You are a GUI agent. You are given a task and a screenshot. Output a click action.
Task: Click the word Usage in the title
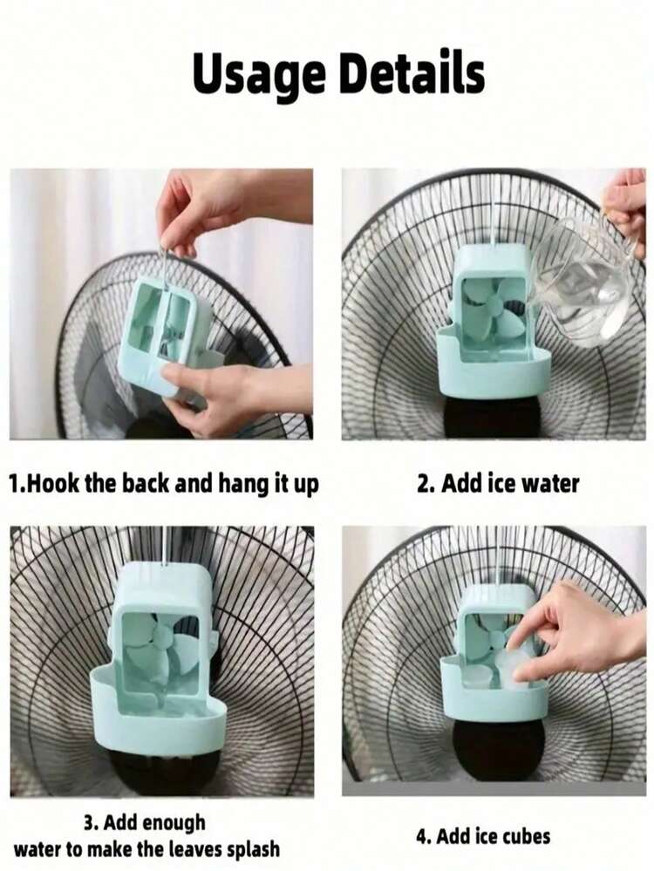click(260, 74)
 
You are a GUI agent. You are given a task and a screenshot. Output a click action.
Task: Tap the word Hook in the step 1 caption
click(54, 483)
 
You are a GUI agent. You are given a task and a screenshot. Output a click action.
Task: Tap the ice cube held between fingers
click(519, 670)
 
